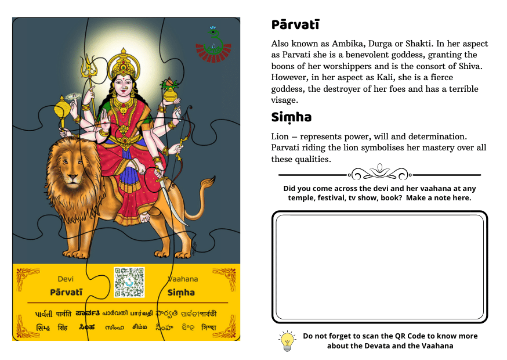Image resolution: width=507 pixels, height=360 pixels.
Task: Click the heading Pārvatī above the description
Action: point(295,25)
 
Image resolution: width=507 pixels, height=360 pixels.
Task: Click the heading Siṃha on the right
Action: point(291,117)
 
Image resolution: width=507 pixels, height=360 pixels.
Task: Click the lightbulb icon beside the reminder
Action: point(287,341)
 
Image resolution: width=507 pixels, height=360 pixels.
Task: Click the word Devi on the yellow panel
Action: point(66,279)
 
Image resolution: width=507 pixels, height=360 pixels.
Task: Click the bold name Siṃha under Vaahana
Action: point(181,293)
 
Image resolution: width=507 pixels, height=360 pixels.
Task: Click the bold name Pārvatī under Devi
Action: point(66,293)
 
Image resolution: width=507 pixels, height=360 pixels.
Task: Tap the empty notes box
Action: point(379,266)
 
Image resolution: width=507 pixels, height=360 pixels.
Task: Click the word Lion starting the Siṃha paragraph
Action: point(281,136)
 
